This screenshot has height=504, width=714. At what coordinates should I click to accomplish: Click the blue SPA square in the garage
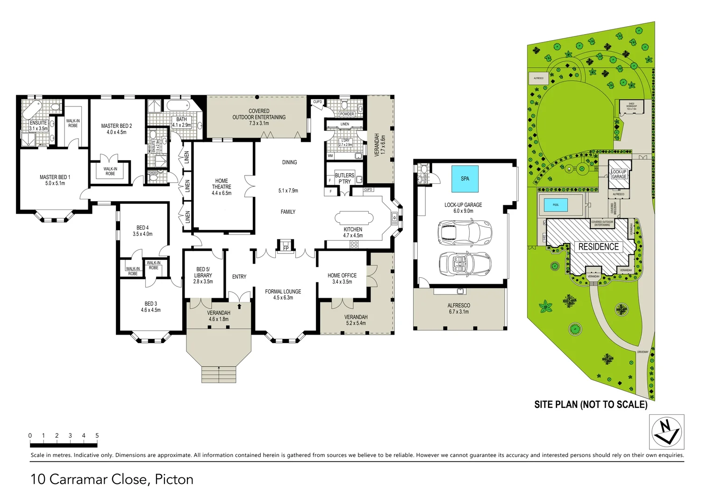464,179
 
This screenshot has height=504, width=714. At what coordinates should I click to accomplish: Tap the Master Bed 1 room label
55,180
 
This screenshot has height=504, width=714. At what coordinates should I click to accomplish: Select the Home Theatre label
221,187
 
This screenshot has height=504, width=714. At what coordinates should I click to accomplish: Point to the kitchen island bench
354,218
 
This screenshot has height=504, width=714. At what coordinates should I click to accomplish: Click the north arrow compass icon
667,432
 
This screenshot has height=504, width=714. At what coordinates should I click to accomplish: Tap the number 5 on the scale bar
97,435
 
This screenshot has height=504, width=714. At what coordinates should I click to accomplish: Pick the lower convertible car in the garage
464,264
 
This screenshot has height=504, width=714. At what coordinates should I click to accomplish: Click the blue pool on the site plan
556,205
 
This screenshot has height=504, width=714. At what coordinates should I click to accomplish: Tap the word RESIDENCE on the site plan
598,246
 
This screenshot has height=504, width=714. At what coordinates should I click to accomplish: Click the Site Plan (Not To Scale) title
591,405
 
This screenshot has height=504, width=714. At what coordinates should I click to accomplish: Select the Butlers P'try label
344,178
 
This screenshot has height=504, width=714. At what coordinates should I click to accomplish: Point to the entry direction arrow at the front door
239,306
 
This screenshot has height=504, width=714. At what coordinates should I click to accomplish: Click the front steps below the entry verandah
219,374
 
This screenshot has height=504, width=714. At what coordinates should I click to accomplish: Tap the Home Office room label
342,279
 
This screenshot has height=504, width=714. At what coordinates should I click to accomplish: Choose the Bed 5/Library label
203,275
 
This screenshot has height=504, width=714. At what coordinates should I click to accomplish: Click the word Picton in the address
174,479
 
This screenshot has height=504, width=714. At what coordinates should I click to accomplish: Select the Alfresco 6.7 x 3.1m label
458,308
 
